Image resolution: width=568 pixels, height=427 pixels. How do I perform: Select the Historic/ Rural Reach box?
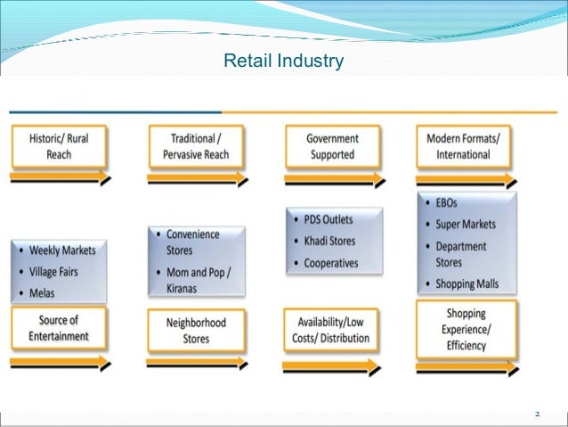tap(58, 147)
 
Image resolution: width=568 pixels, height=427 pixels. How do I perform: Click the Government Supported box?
tap(332, 147)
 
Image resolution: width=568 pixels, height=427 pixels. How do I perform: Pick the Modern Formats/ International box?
tap(464, 147)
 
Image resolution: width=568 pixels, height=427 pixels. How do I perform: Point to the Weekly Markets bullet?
tap(61, 250)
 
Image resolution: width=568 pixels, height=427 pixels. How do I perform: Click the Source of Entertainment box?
tap(58, 329)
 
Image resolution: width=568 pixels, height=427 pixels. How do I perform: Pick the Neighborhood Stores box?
tap(195, 331)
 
